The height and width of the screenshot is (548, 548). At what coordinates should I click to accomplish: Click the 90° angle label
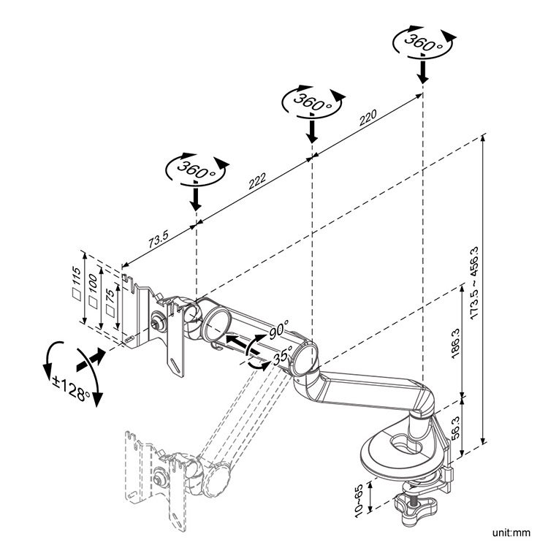click(278, 330)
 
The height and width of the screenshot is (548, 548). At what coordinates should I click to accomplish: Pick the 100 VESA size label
click(93, 292)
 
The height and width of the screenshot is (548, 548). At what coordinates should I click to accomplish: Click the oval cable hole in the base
click(404, 443)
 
